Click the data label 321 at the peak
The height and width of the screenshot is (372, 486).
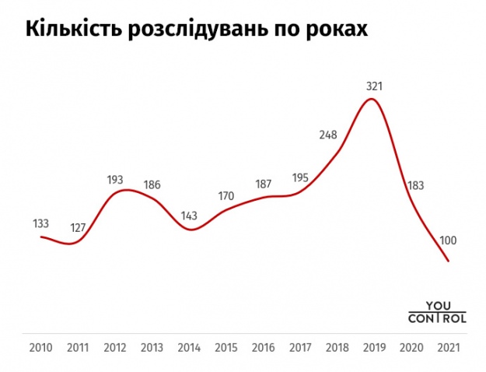point(374,86)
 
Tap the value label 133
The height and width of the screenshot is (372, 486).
point(41,223)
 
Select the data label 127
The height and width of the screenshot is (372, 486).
point(77,228)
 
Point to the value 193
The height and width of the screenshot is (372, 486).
point(115,180)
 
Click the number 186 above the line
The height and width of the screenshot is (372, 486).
point(152,185)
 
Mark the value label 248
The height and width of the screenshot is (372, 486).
point(327,135)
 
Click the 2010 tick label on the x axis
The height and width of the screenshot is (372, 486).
point(40,347)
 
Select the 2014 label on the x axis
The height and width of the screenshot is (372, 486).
point(190,347)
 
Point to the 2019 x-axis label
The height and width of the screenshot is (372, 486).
point(374,347)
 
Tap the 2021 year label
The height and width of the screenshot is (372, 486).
point(448,347)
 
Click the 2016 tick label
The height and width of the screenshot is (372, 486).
point(263,347)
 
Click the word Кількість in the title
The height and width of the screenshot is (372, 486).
point(74,30)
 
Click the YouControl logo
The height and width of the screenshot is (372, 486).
point(437,312)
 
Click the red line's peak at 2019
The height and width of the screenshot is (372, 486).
point(374,99)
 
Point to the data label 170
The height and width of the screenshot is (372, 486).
point(226,195)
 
